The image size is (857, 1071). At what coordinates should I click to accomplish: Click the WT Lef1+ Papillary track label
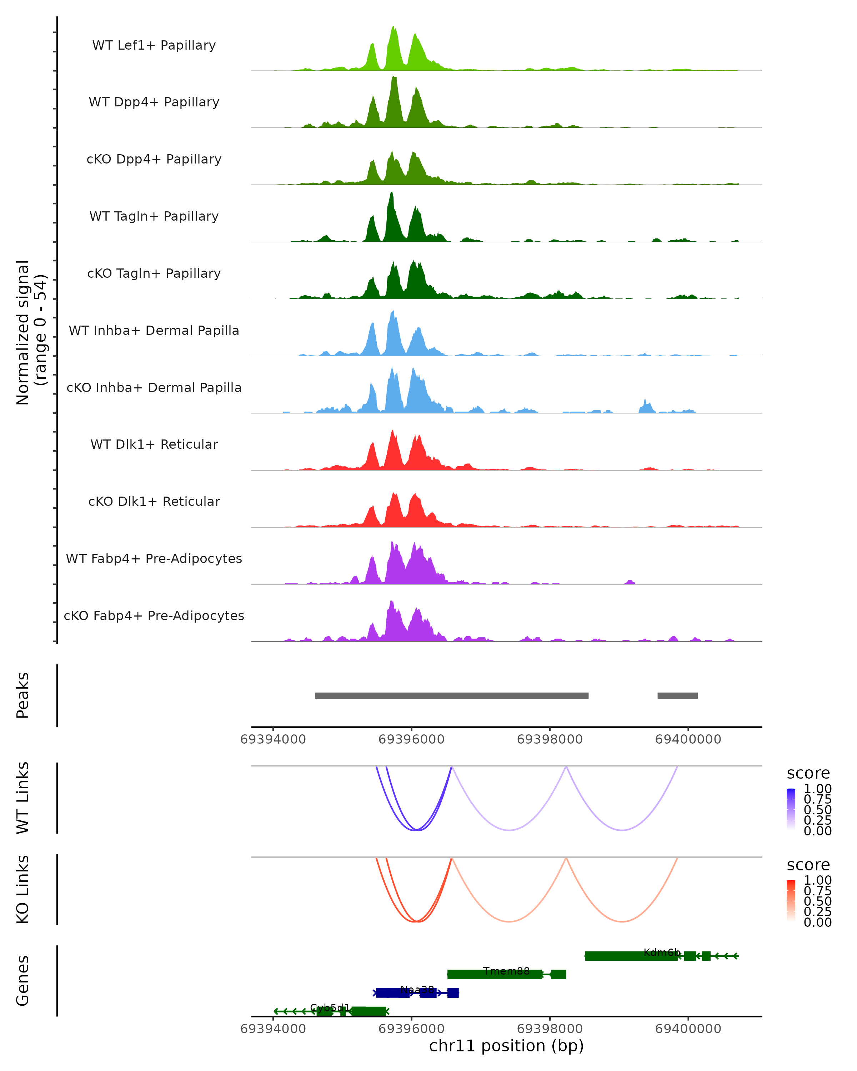154,45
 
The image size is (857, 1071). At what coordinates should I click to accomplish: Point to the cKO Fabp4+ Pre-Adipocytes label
154,615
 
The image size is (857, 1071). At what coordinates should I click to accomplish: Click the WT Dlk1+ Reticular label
154,444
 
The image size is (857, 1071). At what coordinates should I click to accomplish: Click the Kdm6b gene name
661,952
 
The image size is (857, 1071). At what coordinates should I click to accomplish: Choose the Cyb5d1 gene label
329,1008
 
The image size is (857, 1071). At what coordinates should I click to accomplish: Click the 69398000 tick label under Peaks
550,739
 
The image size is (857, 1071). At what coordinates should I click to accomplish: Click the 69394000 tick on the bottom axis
273,1029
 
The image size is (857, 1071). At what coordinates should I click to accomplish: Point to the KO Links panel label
23,889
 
